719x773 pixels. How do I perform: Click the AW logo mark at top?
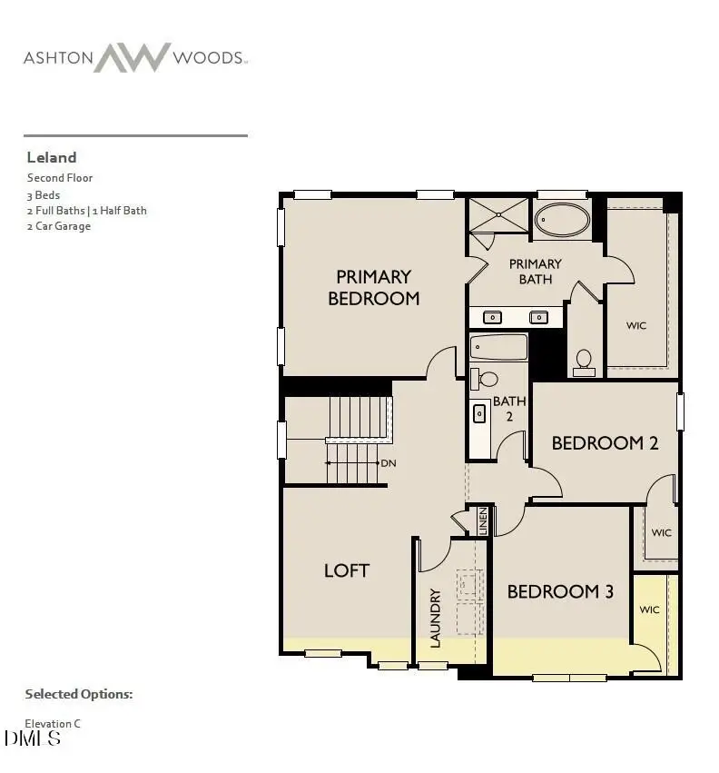tap(133, 57)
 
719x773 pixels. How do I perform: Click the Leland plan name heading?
tap(52, 157)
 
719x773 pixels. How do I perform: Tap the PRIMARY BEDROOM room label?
tap(373, 287)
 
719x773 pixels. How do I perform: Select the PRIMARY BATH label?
tap(535, 271)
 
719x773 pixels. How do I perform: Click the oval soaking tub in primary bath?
tap(561, 220)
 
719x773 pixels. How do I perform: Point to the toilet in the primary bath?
tap(584, 362)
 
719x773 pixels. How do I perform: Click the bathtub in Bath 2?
tap(498, 347)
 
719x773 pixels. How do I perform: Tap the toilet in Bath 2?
tap(487, 379)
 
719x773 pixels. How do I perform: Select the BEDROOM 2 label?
tap(605, 443)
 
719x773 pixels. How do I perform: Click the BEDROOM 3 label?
tap(560, 591)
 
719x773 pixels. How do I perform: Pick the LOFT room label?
tap(347, 570)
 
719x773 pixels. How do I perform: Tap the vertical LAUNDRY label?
tap(435, 618)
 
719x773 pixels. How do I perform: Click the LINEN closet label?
tap(483, 520)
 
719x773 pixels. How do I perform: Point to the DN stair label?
tap(389, 463)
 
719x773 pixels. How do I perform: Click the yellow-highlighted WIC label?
tap(649, 609)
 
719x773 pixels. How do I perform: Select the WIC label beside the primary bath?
tap(636, 325)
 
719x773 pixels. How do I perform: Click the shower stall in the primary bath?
tap(497, 215)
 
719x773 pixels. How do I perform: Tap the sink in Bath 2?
tap(478, 413)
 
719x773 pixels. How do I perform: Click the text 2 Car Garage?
tap(59, 226)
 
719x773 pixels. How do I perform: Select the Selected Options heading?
tap(79, 694)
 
